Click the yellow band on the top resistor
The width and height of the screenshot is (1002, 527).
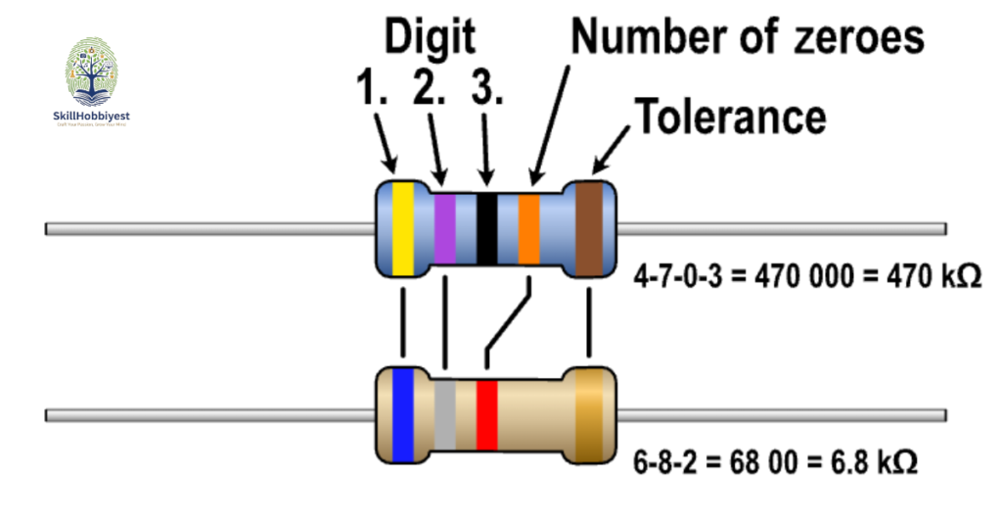[x=401, y=228]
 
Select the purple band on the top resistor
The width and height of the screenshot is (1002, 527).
[x=445, y=228]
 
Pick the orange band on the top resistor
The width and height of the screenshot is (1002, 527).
[x=529, y=228]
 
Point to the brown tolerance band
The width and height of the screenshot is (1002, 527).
[x=588, y=228]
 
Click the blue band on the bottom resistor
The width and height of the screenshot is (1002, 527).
[x=402, y=413]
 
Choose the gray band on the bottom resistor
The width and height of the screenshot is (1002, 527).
[x=445, y=413]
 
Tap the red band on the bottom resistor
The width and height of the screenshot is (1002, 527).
[x=487, y=413]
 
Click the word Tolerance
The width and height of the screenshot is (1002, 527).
[x=731, y=117]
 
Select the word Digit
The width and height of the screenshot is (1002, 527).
[x=429, y=38]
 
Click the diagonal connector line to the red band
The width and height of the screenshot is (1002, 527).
[x=507, y=322]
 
